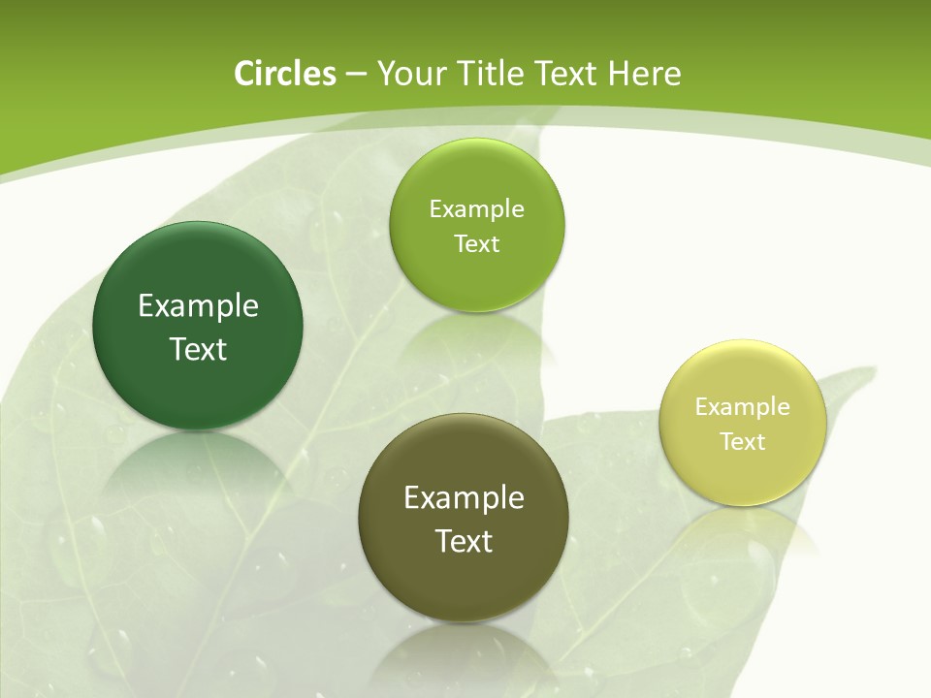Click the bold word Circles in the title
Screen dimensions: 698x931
(284, 74)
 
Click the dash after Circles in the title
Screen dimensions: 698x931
(356, 75)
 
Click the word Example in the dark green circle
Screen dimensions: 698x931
(198, 306)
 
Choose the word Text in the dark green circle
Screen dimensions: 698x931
(198, 349)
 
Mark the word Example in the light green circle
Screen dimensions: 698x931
(476, 208)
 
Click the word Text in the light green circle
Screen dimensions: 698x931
(476, 243)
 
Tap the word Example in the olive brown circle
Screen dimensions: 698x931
(464, 498)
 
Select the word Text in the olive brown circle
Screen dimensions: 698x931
(464, 541)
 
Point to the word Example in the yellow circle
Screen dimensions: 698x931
(743, 406)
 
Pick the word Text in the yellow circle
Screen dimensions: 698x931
(743, 441)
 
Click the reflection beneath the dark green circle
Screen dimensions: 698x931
(198, 470)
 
